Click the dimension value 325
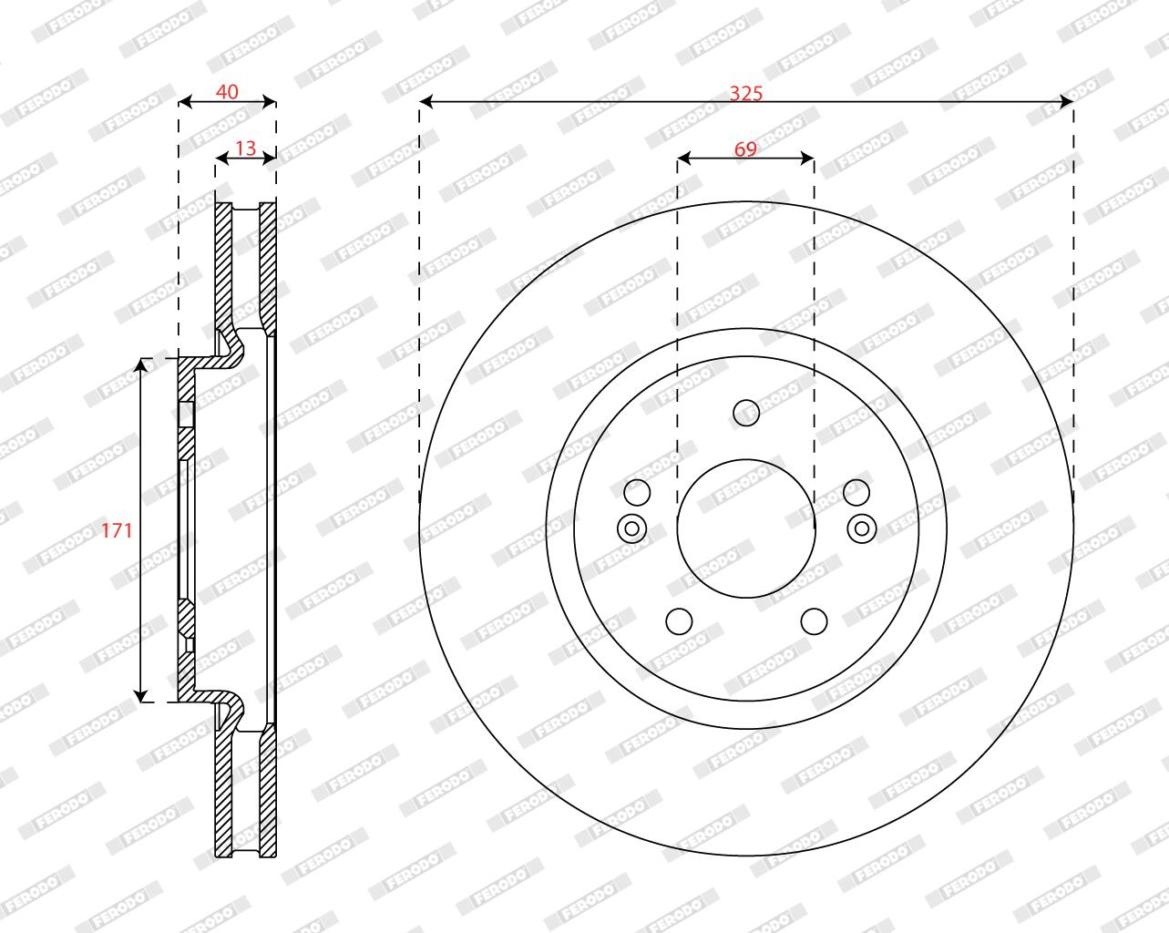pos(746,94)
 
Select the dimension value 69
pos(745,149)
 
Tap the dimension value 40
pos(227,92)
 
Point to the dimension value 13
pos(245,148)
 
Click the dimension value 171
pos(117,530)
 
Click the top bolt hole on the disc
pos(746,413)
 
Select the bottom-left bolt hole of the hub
pos(679,621)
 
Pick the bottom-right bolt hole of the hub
pos(814,621)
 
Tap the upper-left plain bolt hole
pos(637,492)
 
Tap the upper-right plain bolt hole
pos(856,492)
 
